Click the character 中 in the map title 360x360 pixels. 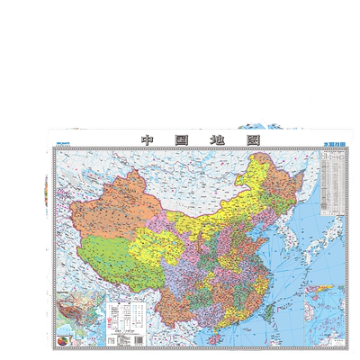(148, 140)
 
